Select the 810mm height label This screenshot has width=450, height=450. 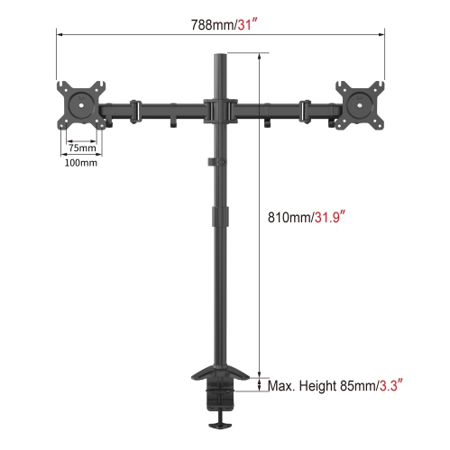coord(289,217)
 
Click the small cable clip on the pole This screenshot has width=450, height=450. coord(210,162)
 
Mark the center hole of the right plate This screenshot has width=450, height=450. coord(363,102)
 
